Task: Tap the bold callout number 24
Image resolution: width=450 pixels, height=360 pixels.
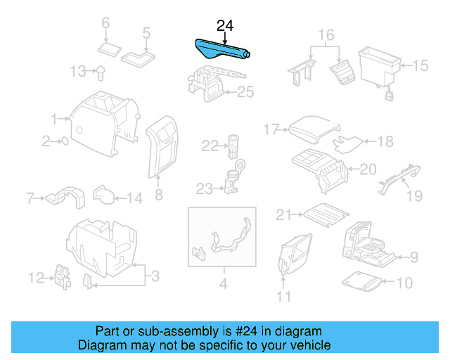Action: coord(225,26)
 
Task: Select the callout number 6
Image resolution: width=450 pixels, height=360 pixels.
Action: coord(105,22)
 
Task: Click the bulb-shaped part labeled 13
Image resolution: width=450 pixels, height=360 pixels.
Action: coord(100,73)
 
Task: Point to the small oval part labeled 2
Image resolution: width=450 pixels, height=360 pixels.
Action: coord(65,141)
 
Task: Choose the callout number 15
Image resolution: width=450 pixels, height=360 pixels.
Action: coord(420,65)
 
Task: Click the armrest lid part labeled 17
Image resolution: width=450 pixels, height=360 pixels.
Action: coord(314,129)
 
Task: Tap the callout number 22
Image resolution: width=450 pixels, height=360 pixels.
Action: coord(210,146)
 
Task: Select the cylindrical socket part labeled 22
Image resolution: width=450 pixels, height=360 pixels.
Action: coord(233,146)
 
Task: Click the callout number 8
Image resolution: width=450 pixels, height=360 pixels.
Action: coord(159,195)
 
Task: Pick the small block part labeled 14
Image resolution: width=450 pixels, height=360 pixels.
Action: coord(104,195)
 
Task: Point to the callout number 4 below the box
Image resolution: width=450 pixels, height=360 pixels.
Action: coord(224,284)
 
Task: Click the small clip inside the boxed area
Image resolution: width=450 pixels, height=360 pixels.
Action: coord(198,254)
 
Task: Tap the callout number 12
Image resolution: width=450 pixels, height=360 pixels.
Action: coord(37,278)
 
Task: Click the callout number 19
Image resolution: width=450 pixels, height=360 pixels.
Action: coord(415,195)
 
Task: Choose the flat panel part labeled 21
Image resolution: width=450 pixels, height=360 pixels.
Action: coord(326,215)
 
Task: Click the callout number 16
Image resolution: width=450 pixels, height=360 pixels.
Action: coord(326,35)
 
